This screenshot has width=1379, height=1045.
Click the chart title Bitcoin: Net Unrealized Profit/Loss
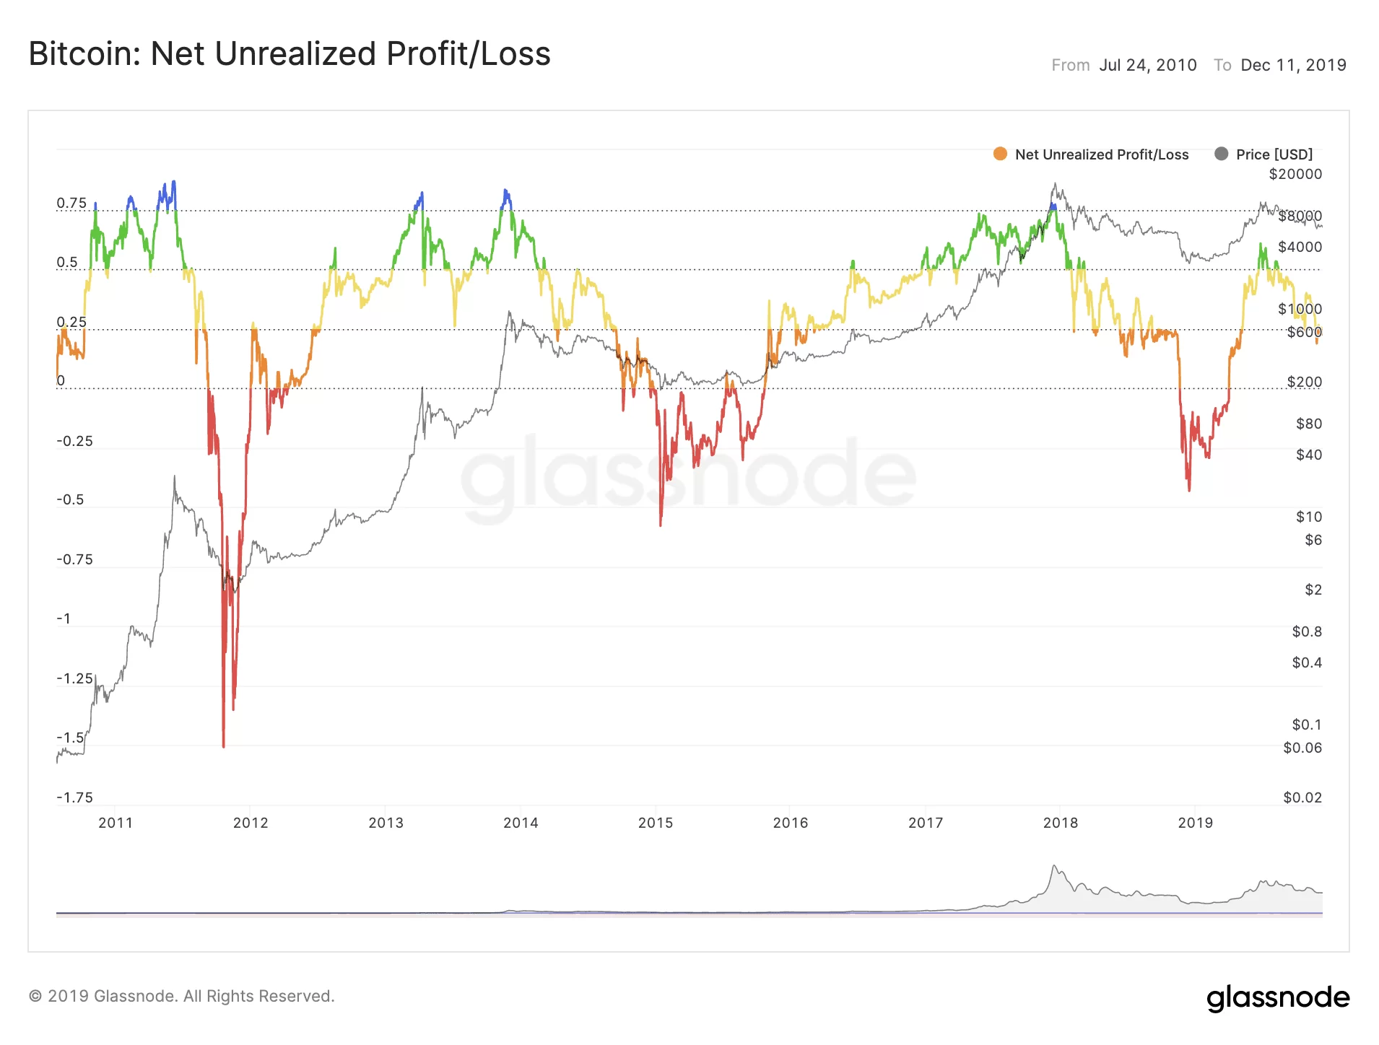[x=290, y=54]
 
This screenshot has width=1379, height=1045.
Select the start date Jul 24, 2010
[x=1148, y=66]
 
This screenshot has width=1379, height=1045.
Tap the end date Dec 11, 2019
[x=1293, y=66]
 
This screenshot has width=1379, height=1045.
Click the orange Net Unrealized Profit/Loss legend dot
[x=1000, y=154]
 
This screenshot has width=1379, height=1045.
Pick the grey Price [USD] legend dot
[x=1221, y=154]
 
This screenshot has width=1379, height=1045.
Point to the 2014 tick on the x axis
[x=521, y=823]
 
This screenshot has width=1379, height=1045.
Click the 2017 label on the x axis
[x=926, y=823]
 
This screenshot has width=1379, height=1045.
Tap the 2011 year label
[x=116, y=823]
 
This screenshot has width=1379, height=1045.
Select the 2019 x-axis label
[x=1196, y=823]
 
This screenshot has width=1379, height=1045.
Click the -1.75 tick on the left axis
[x=75, y=797]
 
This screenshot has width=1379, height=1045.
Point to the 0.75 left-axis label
[x=71, y=204]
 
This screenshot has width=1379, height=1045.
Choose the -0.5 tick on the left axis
[x=71, y=500]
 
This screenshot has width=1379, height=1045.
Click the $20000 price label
[x=1295, y=175]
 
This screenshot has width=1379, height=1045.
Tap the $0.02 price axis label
[x=1302, y=797]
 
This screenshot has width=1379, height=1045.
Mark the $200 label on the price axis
[x=1304, y=382]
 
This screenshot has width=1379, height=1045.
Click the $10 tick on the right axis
[x=1309, y=517]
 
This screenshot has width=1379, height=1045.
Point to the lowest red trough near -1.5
[x=224, y=746]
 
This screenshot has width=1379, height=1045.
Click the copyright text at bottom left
[x=182, y=997]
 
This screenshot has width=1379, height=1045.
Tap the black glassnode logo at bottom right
[x=1278, y=997]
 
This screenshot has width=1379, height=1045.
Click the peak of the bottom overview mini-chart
[x=1054, y=866]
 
